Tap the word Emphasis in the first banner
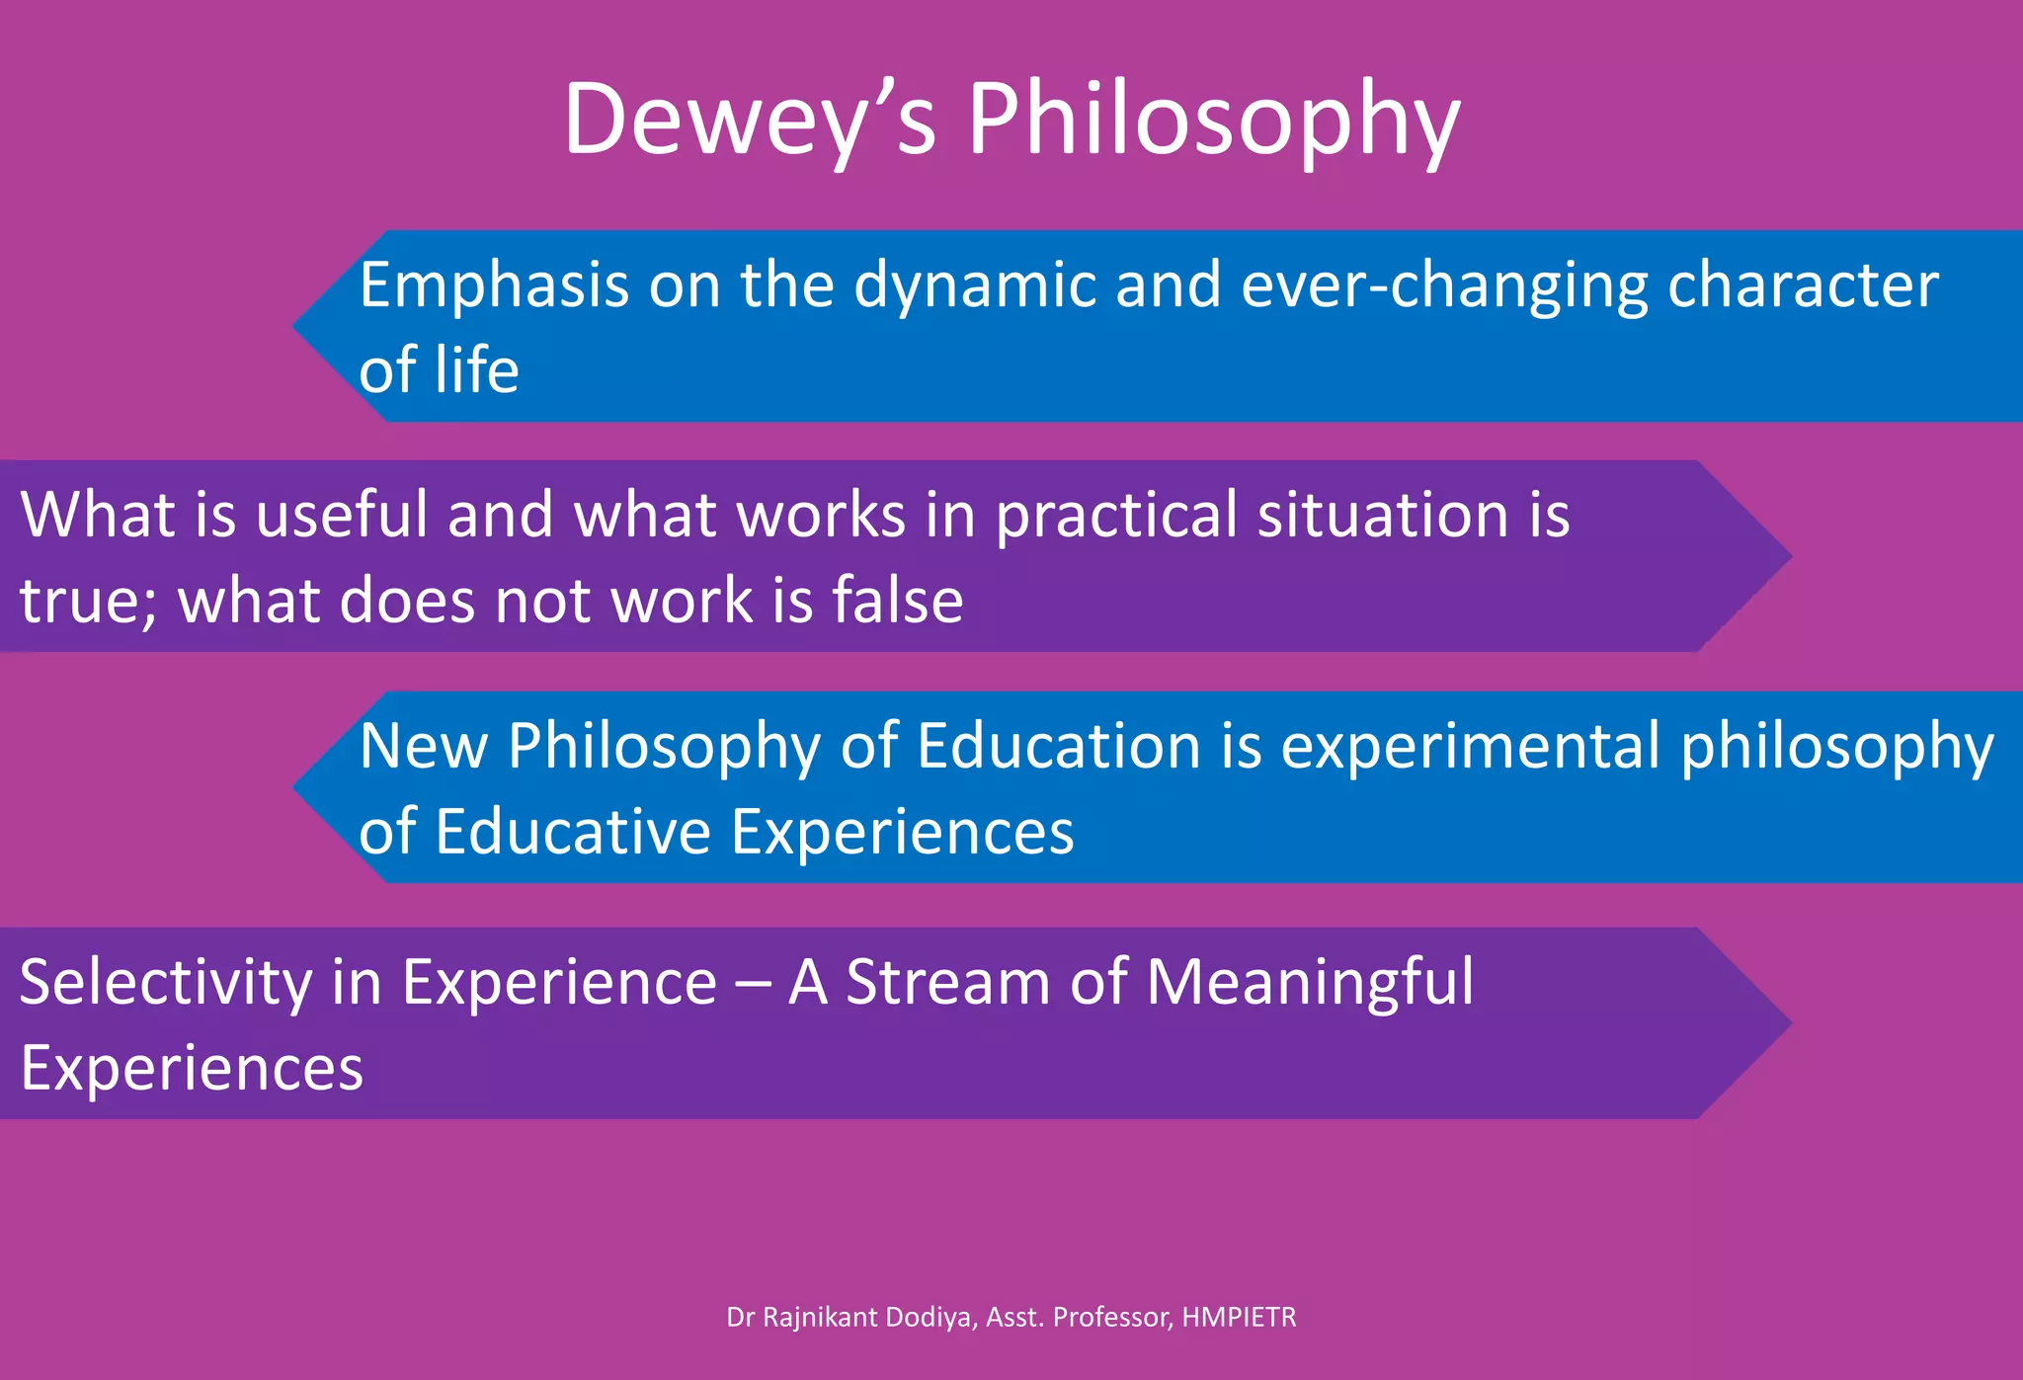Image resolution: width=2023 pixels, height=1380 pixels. [x=493, y=286]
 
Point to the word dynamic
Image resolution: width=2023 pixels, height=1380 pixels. [x=974, y=286]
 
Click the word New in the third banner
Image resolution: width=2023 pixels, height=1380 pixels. [x=423, y=746]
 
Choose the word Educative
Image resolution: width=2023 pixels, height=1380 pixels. [x=573, y=832]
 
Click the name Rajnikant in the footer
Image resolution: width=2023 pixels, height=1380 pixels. [x=820, y=1318]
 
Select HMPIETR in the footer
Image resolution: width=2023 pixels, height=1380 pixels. [x=1239, y=1318]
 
